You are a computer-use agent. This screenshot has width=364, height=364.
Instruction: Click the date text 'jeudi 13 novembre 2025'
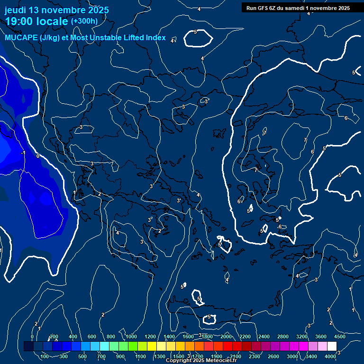point(56,10)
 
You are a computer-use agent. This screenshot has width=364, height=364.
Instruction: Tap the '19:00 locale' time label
point(36,22)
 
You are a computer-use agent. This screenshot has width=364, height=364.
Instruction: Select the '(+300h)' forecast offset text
point(84,21)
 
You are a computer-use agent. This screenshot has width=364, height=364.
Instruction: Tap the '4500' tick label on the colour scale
point(339,337)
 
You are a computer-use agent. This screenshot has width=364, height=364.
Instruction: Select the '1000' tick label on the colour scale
point(131,337)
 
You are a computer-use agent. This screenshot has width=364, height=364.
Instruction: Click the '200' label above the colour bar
point(54,337)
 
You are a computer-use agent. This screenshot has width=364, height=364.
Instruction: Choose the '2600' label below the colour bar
point(273,356)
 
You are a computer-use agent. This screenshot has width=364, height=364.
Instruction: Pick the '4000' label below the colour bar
point(330,356)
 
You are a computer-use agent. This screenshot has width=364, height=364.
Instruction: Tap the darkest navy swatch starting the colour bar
point(28,346)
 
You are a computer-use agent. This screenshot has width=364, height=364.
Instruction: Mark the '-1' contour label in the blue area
point(23,153)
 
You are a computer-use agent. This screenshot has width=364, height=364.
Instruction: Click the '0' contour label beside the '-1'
point(38,155)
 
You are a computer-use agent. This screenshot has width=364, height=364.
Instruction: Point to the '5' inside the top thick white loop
point(195,32)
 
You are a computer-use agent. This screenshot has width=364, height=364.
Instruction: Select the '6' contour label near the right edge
point(346,118)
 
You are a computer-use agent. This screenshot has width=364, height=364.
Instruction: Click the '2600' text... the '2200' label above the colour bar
point(245,337)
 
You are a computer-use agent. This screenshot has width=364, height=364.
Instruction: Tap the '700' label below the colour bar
point(101,356)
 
